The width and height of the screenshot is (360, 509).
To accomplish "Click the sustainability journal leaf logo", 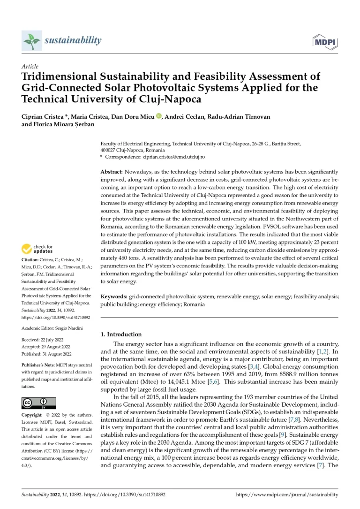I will pyautogui.click(x=31, y=41).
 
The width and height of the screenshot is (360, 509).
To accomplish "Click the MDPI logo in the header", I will pyautogui.click(x=325, y=42).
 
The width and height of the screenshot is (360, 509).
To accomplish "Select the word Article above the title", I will pyautogui.click(x=30, y=67).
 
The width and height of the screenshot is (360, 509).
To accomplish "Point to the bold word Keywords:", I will pyautogui.click(x=114, y=297).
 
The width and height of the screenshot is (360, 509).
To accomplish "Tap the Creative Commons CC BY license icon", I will pyautogui.click(x=38, y=403).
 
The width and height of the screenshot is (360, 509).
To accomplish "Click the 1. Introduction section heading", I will pyautogui.click(x=121, y=334).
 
